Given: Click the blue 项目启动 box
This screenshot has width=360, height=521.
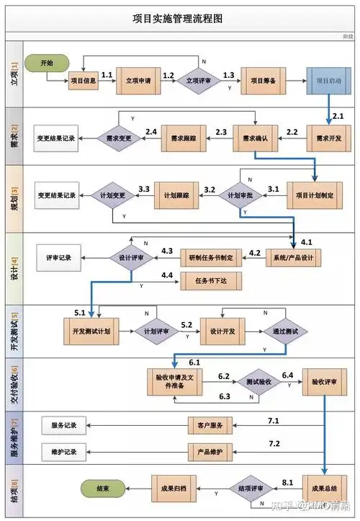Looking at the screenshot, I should (328, 81).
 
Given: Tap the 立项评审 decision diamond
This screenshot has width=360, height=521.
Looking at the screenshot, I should (199, 81).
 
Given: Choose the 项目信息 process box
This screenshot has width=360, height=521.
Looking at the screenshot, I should (84, 81).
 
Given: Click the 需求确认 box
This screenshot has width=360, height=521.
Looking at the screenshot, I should (254, 138).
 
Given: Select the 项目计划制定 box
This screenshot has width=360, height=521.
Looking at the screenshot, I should (315, 195).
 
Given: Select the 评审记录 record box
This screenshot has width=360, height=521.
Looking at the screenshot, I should (59, 257).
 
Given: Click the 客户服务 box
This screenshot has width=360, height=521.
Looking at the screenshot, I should (210, 426).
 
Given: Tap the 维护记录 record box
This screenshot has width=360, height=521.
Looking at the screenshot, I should (64, 452).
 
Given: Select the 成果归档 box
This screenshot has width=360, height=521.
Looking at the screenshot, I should (174, 488).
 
